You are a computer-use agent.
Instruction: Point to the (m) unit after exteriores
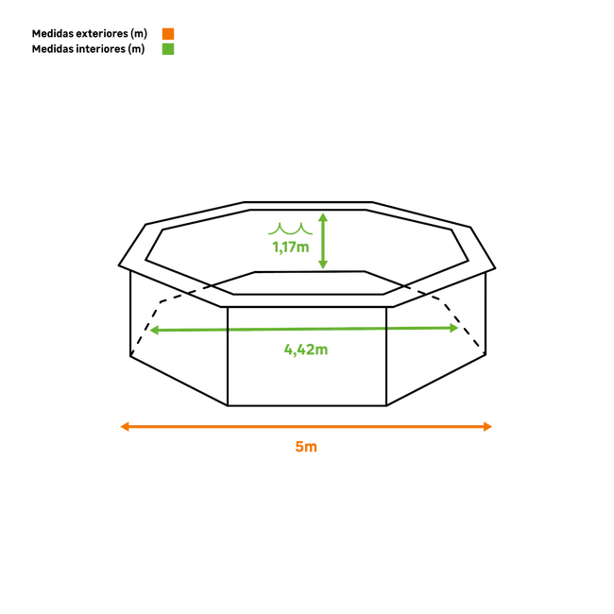142,33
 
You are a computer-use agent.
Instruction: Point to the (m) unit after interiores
138,49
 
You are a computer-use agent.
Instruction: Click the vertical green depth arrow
322,241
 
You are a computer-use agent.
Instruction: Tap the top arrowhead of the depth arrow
322,217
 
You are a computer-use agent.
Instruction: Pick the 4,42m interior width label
306,350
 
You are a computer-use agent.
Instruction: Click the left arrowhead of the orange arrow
122,427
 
